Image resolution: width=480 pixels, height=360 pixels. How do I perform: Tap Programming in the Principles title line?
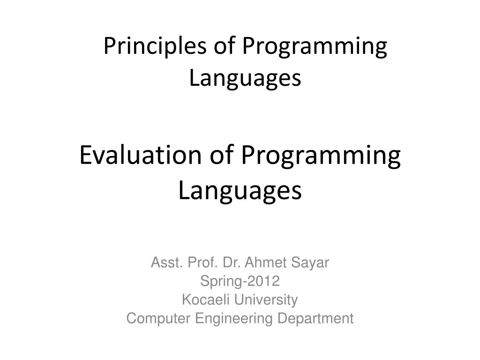(x=315, y=48)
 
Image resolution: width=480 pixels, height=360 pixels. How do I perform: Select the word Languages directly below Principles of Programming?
(x=245, y=78)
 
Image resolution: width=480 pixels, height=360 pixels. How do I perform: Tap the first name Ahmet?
(x=263, y=263)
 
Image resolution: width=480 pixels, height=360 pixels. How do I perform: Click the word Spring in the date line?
(x=216, y=282)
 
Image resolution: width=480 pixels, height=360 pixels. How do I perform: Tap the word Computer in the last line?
(x=159, y=319)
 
